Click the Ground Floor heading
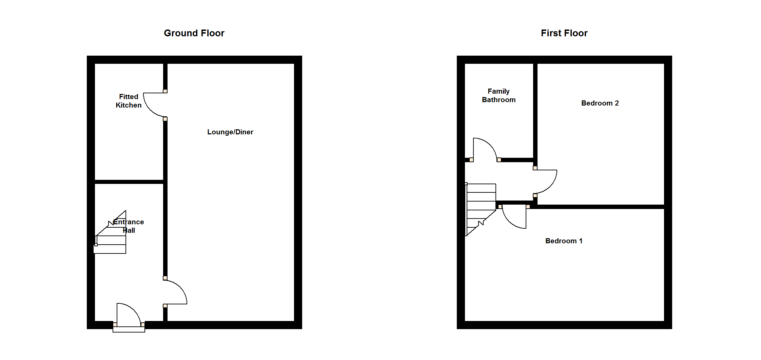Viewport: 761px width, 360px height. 194,33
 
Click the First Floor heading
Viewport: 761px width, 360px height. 564,33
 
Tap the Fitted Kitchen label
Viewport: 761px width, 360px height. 129,101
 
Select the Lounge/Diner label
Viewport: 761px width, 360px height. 230,132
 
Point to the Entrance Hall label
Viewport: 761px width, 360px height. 129,226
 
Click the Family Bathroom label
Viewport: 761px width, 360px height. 499,95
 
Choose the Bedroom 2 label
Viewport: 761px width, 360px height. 600,103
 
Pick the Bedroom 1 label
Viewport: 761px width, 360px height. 564,241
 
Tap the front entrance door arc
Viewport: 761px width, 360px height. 134,309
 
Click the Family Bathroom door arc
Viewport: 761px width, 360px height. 490,144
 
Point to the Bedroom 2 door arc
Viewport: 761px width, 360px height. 551,186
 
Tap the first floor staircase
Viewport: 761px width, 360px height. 481,209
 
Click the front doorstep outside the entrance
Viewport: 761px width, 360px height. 129,329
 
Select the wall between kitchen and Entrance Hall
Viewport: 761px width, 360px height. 129,182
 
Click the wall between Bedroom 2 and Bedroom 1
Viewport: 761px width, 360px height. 600,207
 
